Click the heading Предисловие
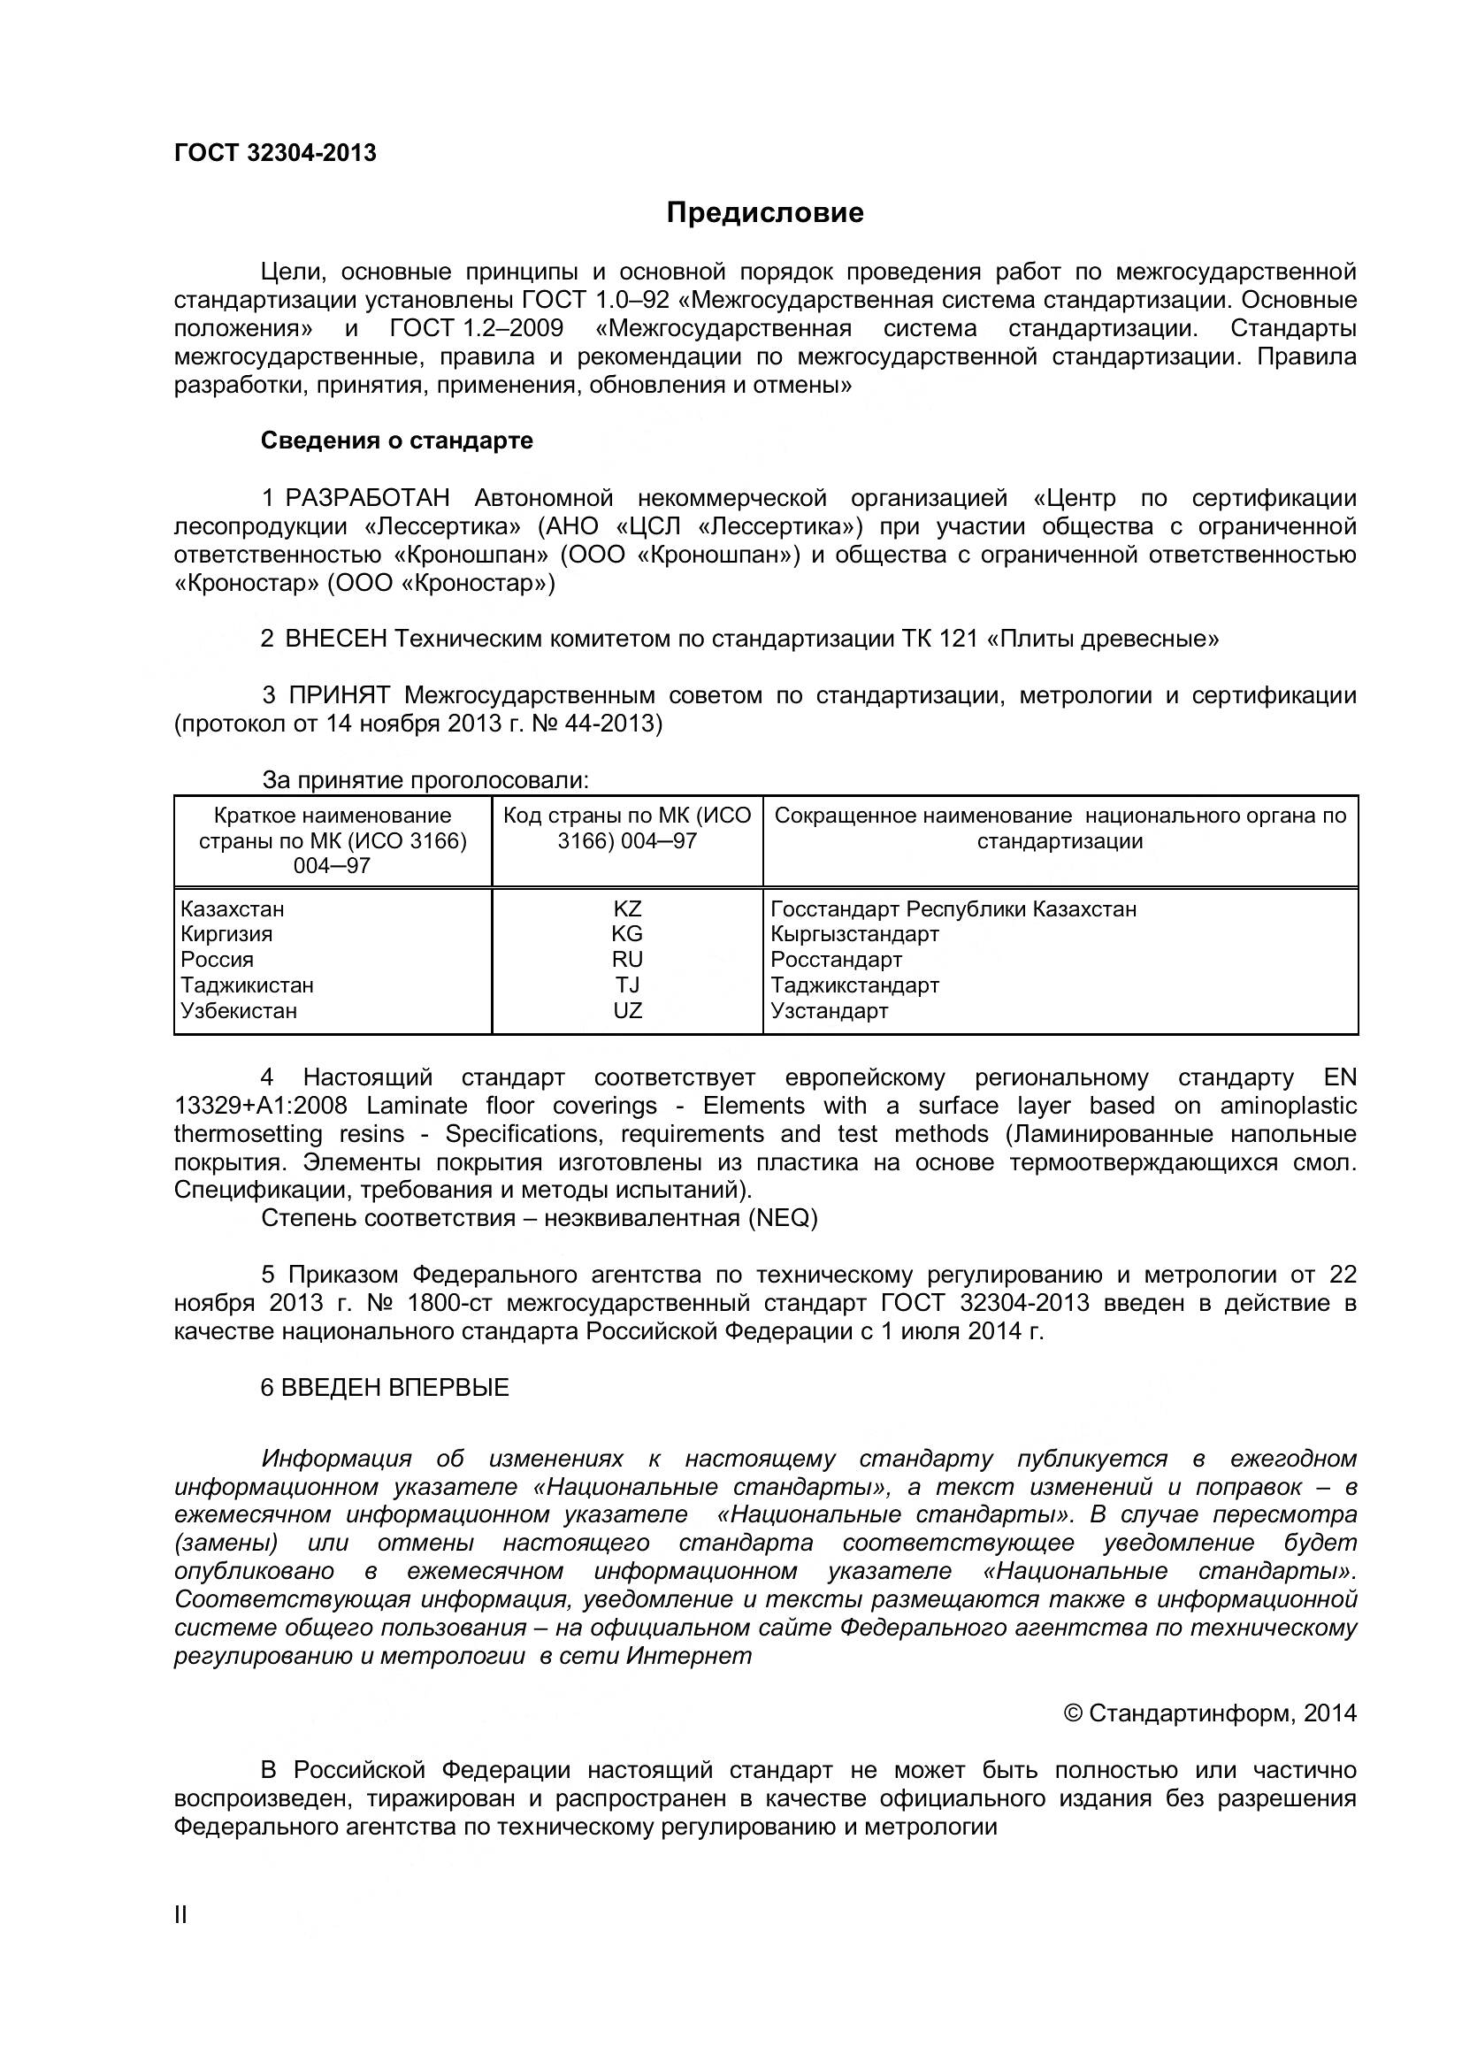(765, 212)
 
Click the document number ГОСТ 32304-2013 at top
(275, 153)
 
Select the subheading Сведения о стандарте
(396, 441)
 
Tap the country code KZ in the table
(627, 908)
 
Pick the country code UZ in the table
(627, 1010)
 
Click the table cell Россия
(217, 959)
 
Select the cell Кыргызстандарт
(855, 933)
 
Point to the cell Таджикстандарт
(855, 985)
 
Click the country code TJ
(627, 985)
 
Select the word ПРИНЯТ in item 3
(340, 695)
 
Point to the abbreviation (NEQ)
(781, 1218)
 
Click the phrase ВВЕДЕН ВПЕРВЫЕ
(394, 1388)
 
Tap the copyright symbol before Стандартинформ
(1073, 1713)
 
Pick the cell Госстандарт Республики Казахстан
(953, 908)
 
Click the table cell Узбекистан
(239, 1010)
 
